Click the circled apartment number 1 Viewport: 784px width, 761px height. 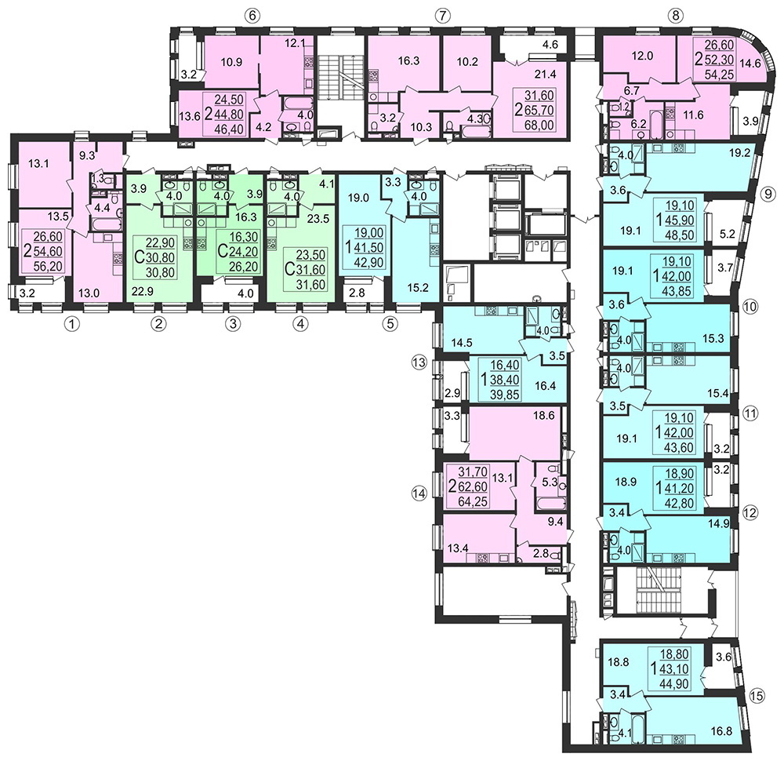(x=73, y=324)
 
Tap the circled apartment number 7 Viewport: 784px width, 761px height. (x=441, y=16)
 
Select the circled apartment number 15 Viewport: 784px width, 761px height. (x=757, y=695)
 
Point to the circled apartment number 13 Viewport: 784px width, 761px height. (x=419, y=361)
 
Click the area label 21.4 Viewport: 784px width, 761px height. (x=545, y=75)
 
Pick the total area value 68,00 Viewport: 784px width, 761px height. (x=539, y=125)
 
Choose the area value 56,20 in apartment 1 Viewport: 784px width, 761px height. (x=48, y=267)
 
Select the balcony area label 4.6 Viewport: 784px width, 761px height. (x=550, y=44)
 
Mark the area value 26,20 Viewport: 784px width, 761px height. (x=244, y=266)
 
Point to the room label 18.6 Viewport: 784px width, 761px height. (x=544, y=415)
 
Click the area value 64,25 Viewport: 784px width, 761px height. (x=473, y=501)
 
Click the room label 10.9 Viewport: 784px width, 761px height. (x=231, y=63)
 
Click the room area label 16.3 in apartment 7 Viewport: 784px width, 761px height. (x=408, y=61)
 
